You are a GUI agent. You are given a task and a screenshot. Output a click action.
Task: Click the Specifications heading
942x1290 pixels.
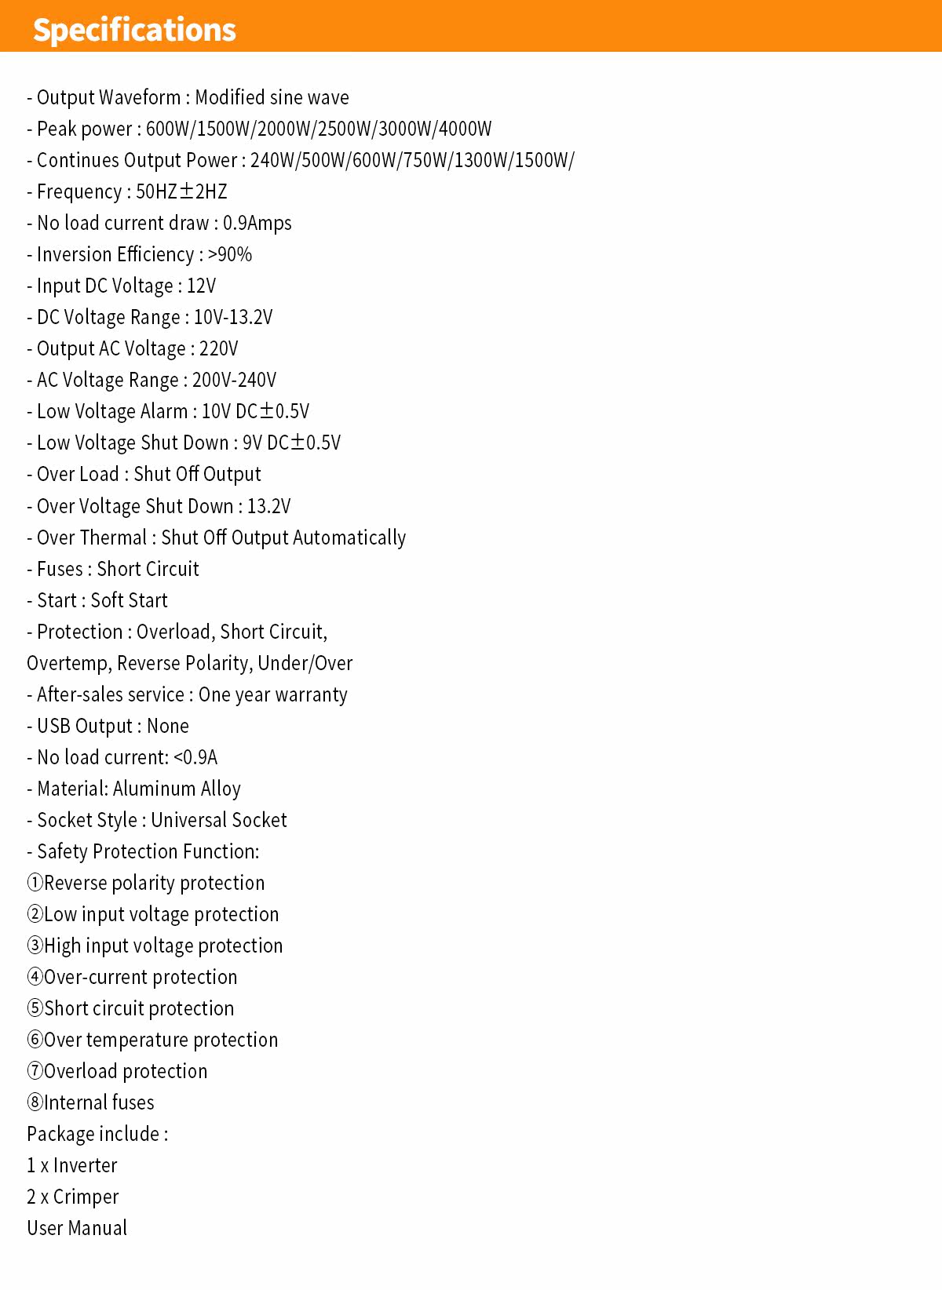click(134, 30)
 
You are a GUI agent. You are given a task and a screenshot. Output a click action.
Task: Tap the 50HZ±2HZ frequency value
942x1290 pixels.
click(181, 191)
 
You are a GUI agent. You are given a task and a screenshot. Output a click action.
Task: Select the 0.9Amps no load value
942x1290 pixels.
click(257, 224)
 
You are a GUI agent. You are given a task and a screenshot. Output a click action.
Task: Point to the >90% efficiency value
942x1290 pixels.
click(230, 255)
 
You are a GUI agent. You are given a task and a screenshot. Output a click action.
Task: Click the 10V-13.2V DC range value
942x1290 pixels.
click(233, 318)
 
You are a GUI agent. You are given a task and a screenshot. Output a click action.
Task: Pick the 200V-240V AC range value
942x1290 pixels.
click(234, 381)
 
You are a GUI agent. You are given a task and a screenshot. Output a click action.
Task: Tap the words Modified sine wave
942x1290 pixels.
click(272, 97)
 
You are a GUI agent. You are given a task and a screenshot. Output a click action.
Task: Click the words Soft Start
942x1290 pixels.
click(130, 601)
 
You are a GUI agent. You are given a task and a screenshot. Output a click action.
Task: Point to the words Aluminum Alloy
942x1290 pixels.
click(177, 789)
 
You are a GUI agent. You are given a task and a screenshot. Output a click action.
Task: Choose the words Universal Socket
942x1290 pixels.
click(219, 821)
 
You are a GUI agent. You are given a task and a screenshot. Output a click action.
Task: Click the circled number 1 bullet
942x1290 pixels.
click(35, 884)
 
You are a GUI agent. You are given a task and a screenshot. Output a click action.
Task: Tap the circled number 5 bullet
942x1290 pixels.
click(35, 1009)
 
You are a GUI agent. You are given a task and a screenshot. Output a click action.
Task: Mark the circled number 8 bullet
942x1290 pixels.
click(35, 1103)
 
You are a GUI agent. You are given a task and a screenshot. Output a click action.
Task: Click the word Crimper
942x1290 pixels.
click(86, 1197)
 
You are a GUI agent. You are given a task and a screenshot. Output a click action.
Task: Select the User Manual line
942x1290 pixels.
click(77, 1229)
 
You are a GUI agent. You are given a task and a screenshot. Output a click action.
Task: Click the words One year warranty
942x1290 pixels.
click(272, 695)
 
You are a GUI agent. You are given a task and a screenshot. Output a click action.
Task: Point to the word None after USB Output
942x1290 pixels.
click(168, 727)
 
